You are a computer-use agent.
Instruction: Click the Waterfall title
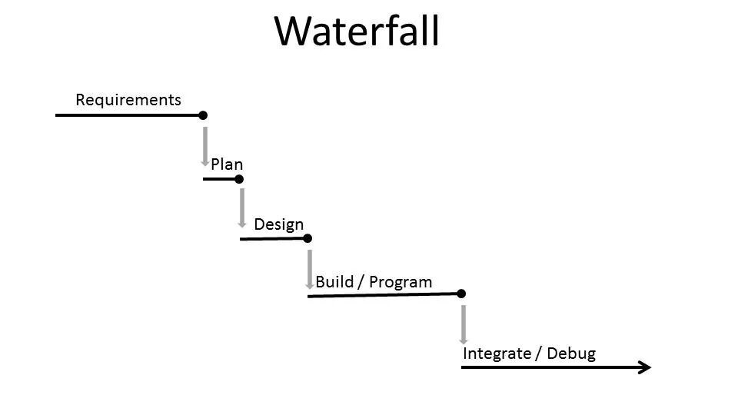coord(357,32)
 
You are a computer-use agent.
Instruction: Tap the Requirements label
coord(128,100)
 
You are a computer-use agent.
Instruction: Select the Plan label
coord(227,164)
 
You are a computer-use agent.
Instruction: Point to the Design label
coord(279,224)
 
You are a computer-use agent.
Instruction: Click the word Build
coord(334,282)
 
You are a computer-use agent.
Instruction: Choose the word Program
coord(401,282)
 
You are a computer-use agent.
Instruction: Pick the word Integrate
coord(497,354)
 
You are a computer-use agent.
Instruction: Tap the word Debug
coord(571,354)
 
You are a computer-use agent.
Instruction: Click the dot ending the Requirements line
coord(203,115)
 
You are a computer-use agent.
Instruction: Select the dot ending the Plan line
coord(239,179)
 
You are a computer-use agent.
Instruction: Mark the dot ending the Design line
coord(307,238)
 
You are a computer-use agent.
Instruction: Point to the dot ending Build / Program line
coord(461,294)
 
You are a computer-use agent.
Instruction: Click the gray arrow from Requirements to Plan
coord(205,146)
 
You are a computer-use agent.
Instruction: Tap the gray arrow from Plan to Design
coord(241,207)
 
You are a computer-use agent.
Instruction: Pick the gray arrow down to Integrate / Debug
coord(464,324)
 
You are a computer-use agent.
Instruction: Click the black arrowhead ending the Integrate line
coord(644,367)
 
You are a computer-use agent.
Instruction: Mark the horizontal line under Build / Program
coord(384,295)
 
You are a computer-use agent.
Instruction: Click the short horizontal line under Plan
coord(219,179)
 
